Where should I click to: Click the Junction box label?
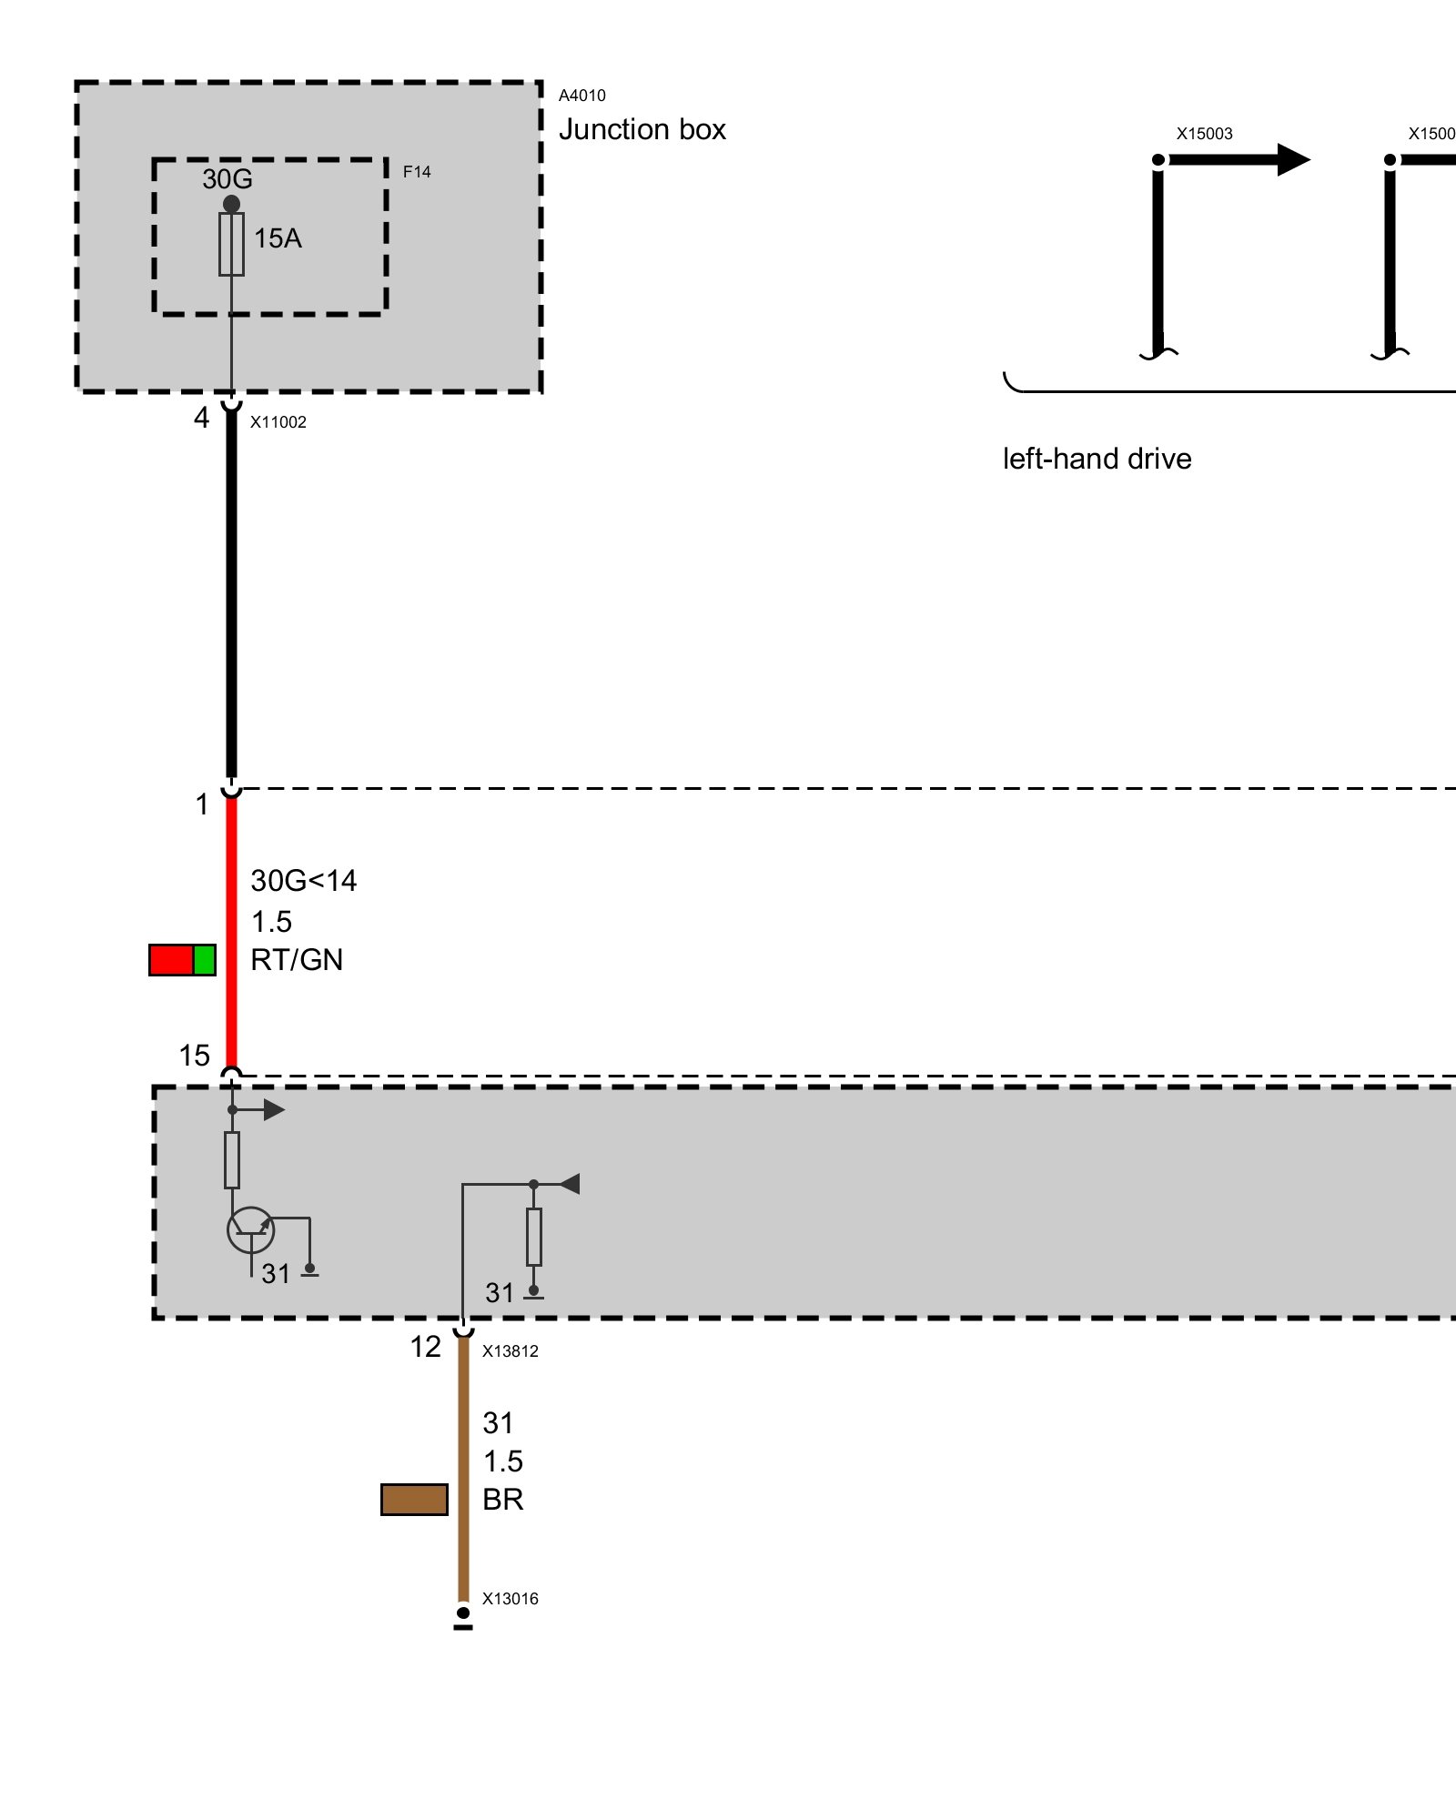pos(642,130)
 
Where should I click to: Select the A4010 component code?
pos(581,96)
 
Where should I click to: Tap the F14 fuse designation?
pos(417,172)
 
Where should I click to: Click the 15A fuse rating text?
pos(278,238)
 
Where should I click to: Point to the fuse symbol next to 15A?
pos(231,244)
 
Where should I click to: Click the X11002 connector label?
pos(278,422)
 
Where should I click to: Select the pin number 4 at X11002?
pos(201,418)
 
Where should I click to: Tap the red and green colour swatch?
pos(182,960)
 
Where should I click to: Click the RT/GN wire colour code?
pos(297,960)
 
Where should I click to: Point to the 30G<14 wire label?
pos(304,881)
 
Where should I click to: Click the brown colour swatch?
pos(414,1500)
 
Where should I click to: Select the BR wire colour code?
pos(502,1500)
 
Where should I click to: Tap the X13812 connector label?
pos(510,1351)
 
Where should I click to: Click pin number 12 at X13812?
pos(425,1347)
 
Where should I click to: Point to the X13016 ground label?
pos(510,1599)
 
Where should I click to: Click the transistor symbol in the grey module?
pos(250,1230)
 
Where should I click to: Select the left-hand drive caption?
pos(1097,459)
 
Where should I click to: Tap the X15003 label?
pos(1204,134)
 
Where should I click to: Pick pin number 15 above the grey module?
pos(194,1056)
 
